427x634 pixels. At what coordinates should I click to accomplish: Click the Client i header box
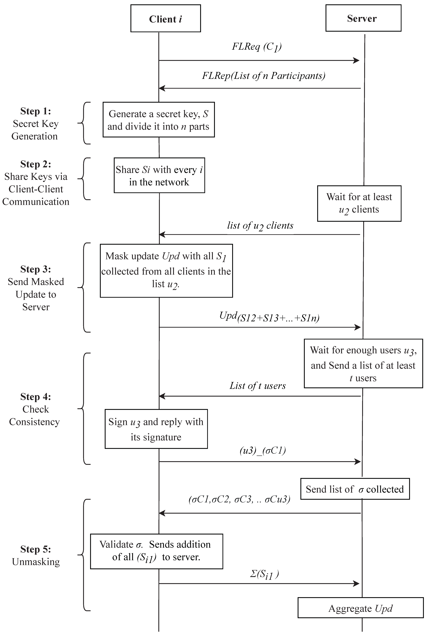pyautogui.click(x=166, y=18)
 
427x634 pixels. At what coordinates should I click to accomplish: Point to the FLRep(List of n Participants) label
pyautogui.click(x=263, y=76)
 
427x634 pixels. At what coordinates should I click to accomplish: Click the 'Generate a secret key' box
pyautogui.click(x=158, y=120)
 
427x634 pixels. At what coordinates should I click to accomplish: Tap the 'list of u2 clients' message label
pyautogui.click(x=260, y=226)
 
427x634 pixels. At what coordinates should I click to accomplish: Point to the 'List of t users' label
pyautogui.click(x=257, y=386)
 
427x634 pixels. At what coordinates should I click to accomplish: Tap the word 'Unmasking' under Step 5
pyautogui.click(x=36, y=562)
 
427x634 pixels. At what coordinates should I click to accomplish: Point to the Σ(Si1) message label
pyautogui.click(x=264, y=575)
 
